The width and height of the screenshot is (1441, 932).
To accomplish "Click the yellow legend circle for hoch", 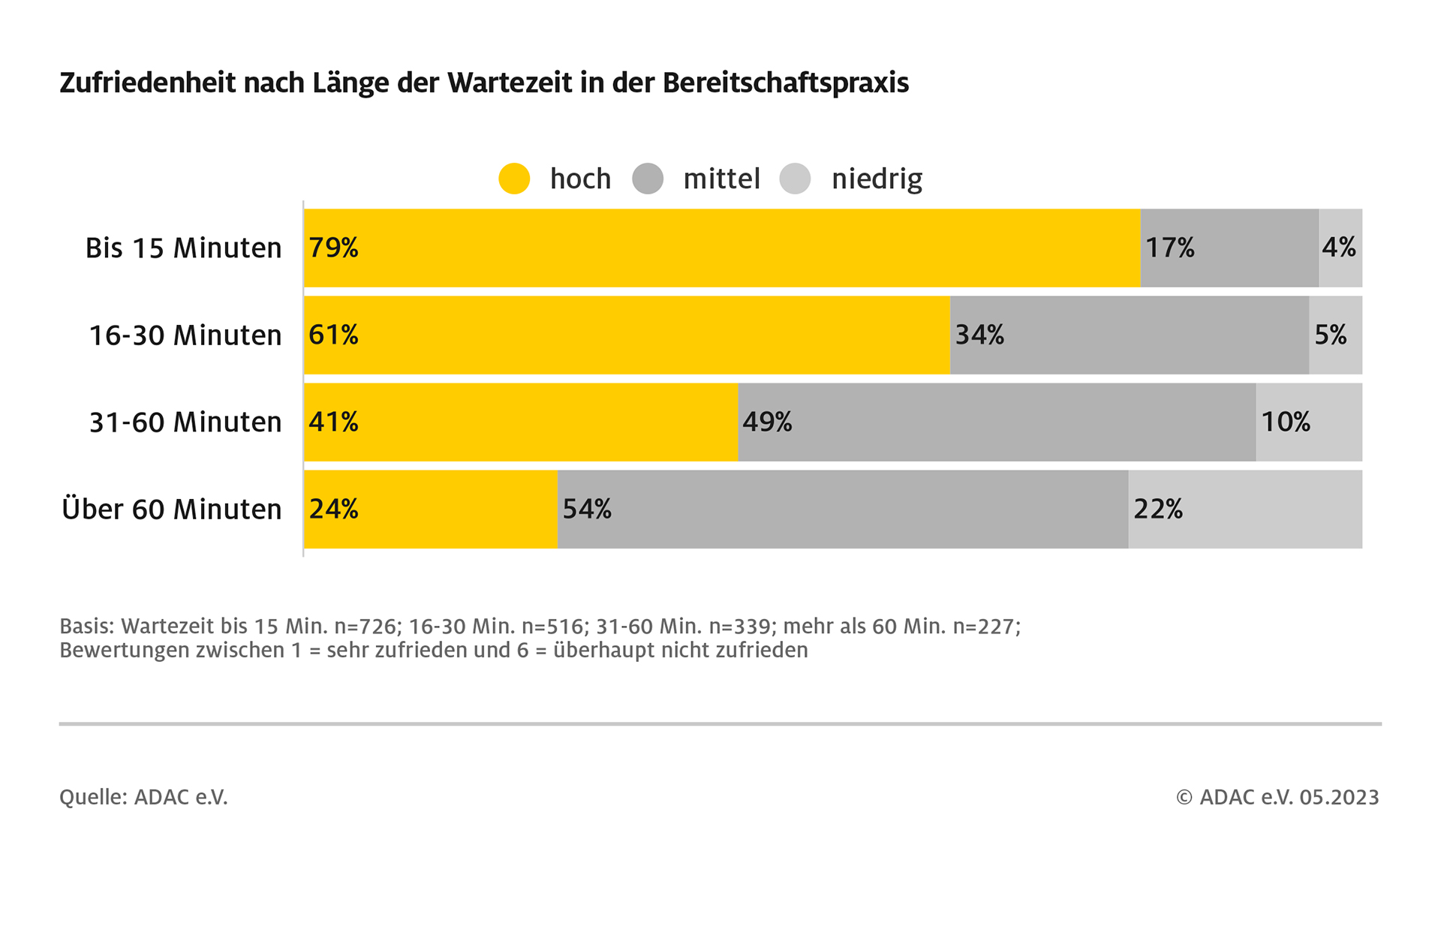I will tap(514, 179).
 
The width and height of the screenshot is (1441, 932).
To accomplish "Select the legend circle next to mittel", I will tap(648, 179).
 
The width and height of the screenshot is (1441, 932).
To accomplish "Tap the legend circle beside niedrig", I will tap(795, 179).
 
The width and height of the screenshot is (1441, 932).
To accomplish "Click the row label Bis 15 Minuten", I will tap(183, 248).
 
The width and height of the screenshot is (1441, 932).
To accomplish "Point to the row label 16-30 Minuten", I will tap(185, 335).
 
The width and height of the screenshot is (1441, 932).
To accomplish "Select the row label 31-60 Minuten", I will tap(185, 422).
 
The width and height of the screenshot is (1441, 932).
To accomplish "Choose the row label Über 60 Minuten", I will tap(172, 510).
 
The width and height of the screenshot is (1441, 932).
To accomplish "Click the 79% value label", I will tap(334, 248).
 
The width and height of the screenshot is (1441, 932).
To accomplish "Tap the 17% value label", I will tap(1170, 248).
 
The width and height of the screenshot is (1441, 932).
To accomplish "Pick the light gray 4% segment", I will tap(1340, 248).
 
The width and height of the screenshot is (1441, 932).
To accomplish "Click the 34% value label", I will tap(979, 335).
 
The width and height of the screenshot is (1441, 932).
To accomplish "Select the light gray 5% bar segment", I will tap(1335, 335).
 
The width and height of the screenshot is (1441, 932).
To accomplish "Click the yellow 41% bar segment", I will tap(521, 422).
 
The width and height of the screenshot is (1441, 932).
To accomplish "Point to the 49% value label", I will tap(767, 422).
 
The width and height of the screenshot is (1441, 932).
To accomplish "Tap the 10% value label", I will tap(1286, 422).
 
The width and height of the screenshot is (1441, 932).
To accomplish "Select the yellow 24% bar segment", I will tap(431, 510).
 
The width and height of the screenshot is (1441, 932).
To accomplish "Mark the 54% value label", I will tap(587, 509).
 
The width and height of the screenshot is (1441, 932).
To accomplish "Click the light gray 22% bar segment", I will tap(1245, 510).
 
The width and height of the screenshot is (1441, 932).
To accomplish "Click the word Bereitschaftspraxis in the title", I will tap(785, 83).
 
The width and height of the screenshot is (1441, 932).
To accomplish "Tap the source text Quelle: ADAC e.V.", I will tap(143, 797).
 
